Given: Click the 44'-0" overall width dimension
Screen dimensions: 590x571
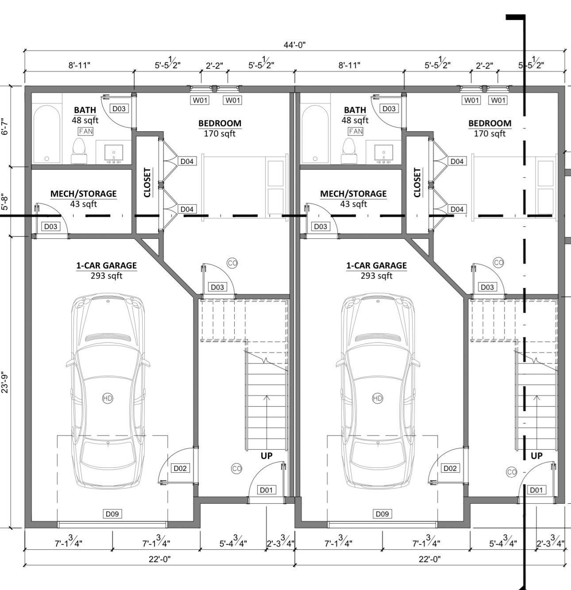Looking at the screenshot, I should pyautogui.click(x=294, y=45).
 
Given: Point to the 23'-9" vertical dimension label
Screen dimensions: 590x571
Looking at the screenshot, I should pyautogui.click(x=5, y=382).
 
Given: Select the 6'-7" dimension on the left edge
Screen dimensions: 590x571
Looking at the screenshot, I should pyautogui.click(x=5, y=126).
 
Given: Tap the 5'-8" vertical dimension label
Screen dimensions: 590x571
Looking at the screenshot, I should pyautogui.click(x=5, y=202).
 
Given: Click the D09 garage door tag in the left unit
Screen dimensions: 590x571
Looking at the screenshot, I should pyautogui.click(x=112, y=514).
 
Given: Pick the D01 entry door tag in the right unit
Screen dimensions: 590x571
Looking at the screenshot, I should pyautogui.click(x=536, y=490).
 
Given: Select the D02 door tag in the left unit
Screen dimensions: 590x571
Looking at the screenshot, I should pyautogui.click(x=180, y=468).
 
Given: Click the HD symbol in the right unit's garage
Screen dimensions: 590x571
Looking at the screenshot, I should pyautogui.click(x=377, y=398).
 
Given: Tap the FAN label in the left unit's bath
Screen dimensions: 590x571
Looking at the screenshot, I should pyautogui.click(x=86, y=131).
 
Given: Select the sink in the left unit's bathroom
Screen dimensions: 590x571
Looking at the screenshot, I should pyautogui.click(x=114, y=153).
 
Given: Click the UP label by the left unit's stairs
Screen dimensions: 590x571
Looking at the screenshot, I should pyautogui.click(x=266, y=455).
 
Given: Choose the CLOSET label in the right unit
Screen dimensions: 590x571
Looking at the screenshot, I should pyautogui.click(x=417, y=182).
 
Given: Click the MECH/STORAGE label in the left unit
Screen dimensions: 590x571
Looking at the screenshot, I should pyautogui.click(x=83, y=194).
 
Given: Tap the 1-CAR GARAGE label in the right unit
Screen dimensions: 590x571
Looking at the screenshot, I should pyautogui.click(x=376, y=265).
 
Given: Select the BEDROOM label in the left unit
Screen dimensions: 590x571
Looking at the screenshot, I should pyautogui.click(x=220, y=123).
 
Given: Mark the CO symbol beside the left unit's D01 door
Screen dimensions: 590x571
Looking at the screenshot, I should pyautogui.click(x=236, y=469).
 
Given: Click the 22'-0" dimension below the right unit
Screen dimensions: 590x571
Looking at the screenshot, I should pyautogui.click(x=429, y=559).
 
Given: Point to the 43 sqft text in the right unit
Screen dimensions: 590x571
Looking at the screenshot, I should pyautogui.click(x=353, y=204).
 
